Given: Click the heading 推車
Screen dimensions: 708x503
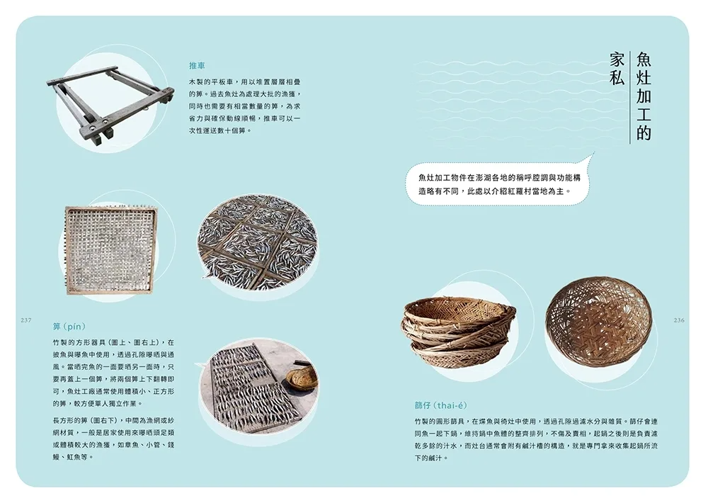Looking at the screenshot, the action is tap(197, 66).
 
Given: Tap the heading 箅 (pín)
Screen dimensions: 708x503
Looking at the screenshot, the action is tap(69, 327).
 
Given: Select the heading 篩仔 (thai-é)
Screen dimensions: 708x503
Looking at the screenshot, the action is tap(440, 405).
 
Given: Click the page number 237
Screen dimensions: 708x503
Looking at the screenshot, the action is tap(26, 320).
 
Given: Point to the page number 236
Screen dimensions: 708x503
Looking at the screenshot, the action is tap(679, 320).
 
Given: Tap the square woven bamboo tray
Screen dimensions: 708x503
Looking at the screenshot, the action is tap(111, 250).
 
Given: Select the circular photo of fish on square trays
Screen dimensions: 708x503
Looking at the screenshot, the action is tap(258, 243).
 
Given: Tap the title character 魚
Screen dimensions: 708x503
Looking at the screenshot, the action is tap(643, 60).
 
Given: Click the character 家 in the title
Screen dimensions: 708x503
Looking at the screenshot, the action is tap(617, 60).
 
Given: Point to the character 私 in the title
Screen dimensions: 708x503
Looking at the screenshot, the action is tap(617, 78).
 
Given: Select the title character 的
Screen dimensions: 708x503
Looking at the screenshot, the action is tap(643, 133).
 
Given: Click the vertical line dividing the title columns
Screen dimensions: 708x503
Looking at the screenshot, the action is tap(630, 97).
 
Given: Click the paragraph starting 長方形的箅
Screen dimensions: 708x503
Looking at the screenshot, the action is tap(113, 439).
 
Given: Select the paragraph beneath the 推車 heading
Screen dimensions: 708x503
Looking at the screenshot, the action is tap(244, 106).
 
